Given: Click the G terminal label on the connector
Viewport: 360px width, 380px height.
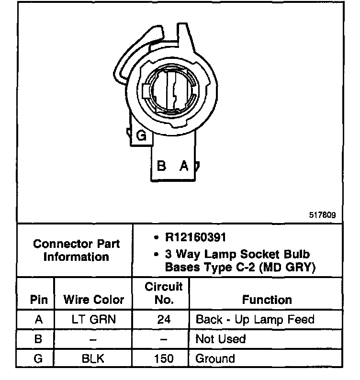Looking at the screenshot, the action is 141,136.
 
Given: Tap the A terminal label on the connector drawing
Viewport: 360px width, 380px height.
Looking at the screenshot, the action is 183,166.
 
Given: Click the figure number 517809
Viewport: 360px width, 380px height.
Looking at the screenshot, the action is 323,215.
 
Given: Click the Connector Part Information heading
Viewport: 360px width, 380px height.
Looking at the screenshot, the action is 77,250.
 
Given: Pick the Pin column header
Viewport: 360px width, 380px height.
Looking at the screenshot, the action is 39,300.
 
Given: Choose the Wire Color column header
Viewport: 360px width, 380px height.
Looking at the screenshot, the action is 94,300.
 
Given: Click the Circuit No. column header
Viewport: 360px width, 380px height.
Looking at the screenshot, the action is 164,293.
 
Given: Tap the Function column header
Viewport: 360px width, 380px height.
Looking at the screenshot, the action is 267,300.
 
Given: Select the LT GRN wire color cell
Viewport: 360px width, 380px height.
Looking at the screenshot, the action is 94,320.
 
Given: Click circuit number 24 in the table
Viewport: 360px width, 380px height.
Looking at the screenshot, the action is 164,320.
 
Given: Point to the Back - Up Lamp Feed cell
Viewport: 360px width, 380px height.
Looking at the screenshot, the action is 255,320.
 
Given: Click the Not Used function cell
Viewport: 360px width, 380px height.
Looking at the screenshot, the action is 220,339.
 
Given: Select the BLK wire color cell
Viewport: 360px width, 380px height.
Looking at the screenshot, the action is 94,358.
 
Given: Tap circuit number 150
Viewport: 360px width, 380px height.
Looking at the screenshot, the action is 164,358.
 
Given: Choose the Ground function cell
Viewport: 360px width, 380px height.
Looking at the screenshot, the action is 215,358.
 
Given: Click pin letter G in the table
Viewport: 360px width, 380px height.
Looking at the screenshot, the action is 39,358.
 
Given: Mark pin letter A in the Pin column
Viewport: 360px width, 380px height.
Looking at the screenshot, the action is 39,320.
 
